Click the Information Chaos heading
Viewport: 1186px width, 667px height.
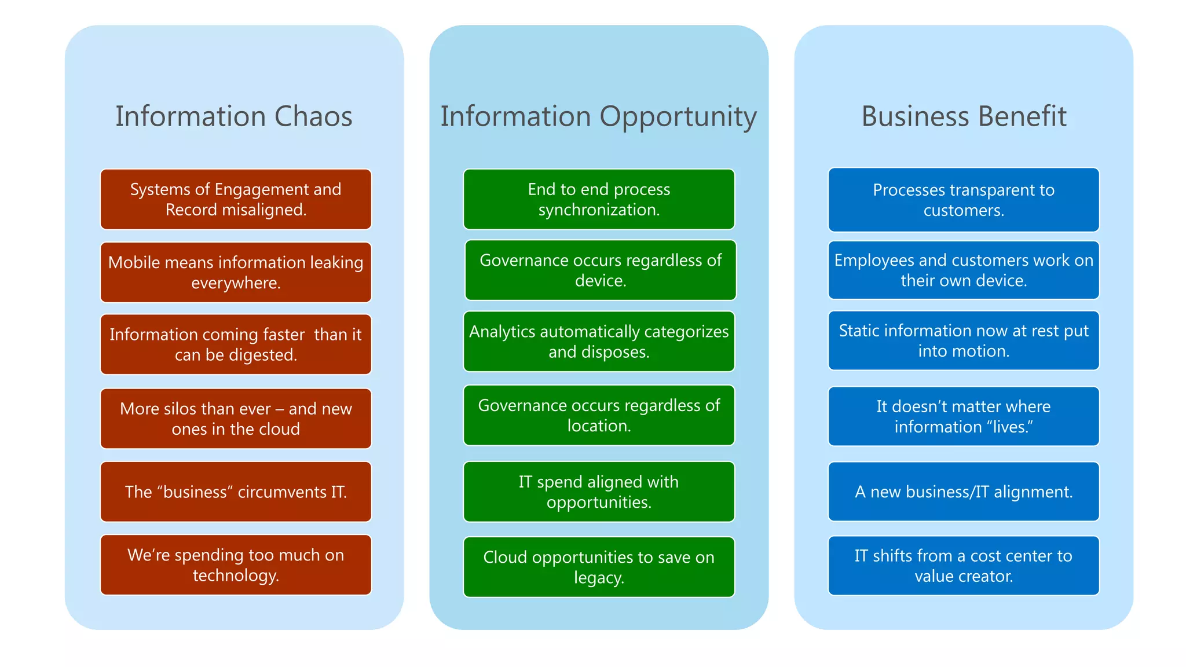click(233, 116)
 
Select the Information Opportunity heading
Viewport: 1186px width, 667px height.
click(598, 116)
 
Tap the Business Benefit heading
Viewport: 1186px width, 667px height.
click(964, 116)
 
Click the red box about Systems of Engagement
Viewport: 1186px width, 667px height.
click(236, 199)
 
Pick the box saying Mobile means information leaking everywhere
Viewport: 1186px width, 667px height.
click(236, 272)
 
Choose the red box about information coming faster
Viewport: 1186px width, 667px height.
click(236, 345)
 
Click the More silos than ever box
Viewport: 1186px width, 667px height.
click(236, 419)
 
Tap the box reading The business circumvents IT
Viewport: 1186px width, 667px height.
click(236, 492)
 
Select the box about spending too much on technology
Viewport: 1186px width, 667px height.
click(236, 565)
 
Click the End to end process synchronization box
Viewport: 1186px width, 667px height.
click(599, 199)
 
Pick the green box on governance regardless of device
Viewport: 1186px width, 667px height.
click(601, 270)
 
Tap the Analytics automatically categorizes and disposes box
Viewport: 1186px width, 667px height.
click(599, 342)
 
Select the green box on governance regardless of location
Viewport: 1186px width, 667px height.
click(599, 415)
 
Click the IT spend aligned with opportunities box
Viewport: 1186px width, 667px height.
click(599, 492)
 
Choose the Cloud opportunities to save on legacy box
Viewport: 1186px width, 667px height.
click(599, 567)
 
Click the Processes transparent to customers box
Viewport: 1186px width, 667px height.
click(964, 200)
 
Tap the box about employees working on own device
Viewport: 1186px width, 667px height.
click(964, 270)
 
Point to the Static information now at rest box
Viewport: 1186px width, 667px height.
click(964, 340)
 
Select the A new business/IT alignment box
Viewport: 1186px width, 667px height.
click(964, 492)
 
